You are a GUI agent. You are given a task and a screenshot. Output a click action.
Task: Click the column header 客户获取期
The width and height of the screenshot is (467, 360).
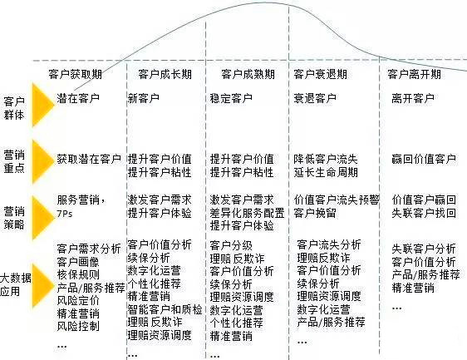click(x=76, y=74)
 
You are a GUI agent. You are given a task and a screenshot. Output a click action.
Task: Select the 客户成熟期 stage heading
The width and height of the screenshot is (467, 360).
click(x=248, y=74)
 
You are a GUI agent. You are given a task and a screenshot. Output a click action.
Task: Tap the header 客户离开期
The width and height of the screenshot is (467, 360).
click(x=414, y=74)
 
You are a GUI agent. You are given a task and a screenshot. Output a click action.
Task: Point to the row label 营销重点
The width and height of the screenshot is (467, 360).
click(x=14, y=161)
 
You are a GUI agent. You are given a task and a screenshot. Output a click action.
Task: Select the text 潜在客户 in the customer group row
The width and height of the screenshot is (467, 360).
click(x=78, y=98)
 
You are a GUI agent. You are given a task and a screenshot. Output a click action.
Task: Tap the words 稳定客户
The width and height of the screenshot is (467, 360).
click(x=231, y=98)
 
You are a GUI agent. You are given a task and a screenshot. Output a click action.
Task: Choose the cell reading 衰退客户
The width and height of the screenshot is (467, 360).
click(x=315, y=98)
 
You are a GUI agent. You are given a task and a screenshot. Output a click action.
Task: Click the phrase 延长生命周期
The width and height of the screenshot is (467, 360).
click(x=326, y=172)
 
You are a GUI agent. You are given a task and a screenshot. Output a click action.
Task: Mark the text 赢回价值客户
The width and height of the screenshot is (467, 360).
click(x=424, y=159)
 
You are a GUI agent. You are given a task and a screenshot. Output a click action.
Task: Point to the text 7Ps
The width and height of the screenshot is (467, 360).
click(x=65, y=214)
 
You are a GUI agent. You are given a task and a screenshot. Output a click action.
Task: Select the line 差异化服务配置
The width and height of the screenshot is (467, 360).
click(x=247, y=213)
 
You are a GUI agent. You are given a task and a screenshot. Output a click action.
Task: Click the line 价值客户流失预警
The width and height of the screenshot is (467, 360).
click(x=337, y=200)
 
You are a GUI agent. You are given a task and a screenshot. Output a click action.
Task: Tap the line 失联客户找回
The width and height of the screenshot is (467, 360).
click(x=424, y=213)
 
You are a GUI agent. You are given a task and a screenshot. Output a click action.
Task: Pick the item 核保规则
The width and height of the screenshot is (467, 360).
click(x=78, y=274)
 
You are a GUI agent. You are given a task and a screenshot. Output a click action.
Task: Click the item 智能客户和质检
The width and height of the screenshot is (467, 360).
click(x=165, y=309)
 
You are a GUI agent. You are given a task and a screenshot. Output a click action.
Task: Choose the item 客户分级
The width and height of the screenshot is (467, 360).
click(x=231, y=245)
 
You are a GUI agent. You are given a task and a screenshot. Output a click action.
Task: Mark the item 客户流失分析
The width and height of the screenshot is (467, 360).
click(x=329, y=244)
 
